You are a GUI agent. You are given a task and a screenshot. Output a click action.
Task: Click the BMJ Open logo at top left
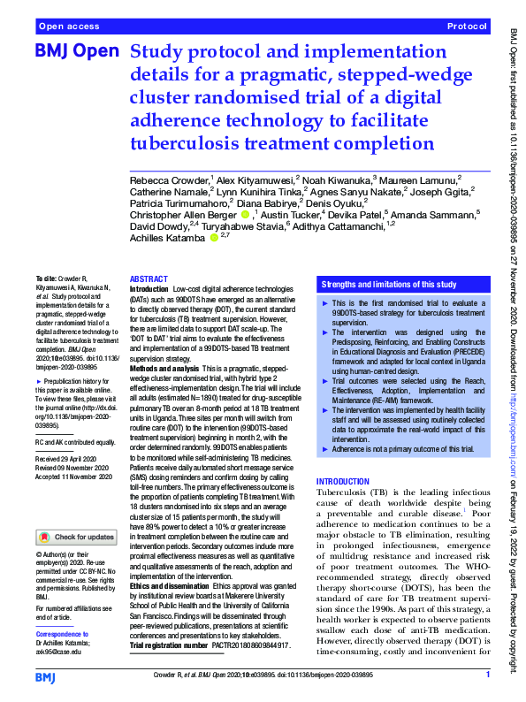[x=76, y=54]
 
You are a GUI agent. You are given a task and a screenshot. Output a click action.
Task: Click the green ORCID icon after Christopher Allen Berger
[x=244, y=213]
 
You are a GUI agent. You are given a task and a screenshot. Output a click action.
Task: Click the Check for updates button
[x=76, y=536]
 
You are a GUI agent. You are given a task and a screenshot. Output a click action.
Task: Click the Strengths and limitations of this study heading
[x=389, y=285]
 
